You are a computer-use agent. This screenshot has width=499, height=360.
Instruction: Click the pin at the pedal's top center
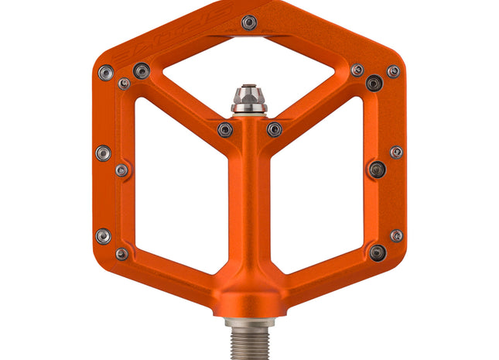tap(248, 22)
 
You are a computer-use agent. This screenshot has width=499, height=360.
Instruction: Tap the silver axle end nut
tap(249, 98)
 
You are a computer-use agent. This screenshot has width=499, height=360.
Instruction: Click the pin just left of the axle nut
tap(224, 129)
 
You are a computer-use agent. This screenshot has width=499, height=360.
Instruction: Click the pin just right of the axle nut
tap(275, 129)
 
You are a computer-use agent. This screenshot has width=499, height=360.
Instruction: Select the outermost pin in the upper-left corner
tap(105, 73)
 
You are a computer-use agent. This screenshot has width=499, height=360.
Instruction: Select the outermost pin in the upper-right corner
tap(393, 71)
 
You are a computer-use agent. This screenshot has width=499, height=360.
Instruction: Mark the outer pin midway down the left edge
tap(103, 153)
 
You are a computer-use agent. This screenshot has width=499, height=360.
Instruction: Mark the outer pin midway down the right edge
tap(396, 152)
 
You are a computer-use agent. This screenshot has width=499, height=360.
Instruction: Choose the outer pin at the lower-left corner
tap(103, 235)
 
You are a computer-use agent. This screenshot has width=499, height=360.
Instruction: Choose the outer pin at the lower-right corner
tap(396, 235)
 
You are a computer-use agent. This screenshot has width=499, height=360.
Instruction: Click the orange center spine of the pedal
tap(249, 217)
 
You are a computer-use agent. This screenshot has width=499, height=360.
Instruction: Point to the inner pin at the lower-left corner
tap(122, 254)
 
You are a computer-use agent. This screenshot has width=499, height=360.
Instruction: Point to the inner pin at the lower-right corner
tap(377, 252)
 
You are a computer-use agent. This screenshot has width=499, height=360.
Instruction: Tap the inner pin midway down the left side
tap(122, 170)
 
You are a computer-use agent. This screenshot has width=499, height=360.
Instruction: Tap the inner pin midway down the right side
tap(377, 169)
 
